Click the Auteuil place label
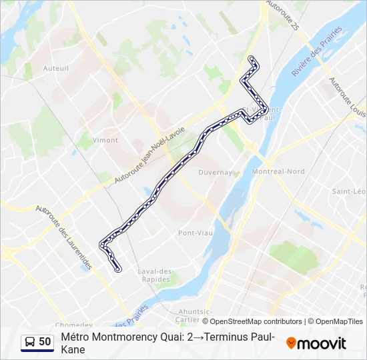coord(55,68)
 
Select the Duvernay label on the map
coord(215,172)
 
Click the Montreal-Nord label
coord(278,171)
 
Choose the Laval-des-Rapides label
coord(155,275)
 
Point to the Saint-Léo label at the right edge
coord(349,191)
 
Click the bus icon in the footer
coord(29,342)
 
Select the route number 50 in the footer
coord(45,341)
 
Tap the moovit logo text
coord(321,343)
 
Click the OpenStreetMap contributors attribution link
coord(256,321)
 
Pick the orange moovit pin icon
coord(291,343)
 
